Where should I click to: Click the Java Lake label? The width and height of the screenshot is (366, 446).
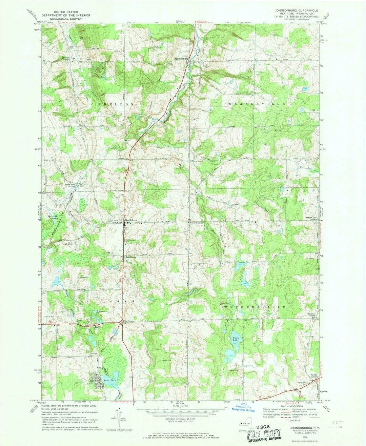pyautogui.click(x=110, y=381)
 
